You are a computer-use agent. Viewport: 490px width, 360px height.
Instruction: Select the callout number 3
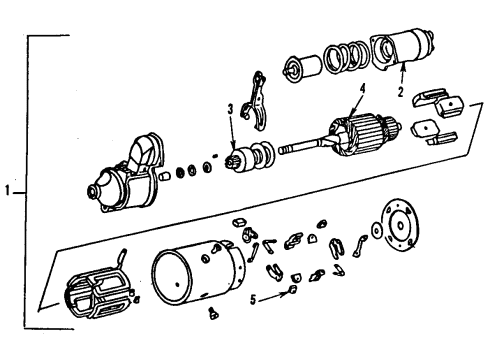[x=230, y=109]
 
